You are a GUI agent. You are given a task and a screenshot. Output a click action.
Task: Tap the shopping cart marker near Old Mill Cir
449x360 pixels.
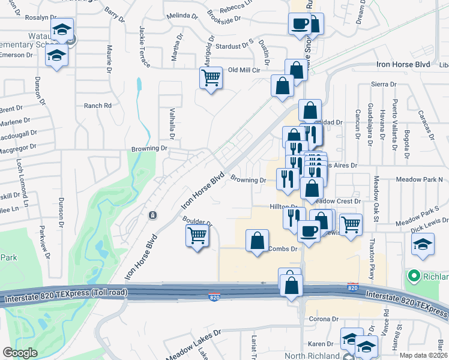(211, 77)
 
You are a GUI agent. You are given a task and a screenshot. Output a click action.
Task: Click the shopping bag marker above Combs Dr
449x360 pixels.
(257, 241)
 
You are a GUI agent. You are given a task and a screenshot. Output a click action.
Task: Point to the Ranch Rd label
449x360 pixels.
(98, 106)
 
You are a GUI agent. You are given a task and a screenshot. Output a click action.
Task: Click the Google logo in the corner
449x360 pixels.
(20, 353)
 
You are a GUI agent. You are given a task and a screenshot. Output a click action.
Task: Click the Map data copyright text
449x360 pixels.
(423, 355)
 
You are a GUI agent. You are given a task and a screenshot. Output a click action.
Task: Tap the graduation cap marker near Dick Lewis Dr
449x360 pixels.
(423, 245)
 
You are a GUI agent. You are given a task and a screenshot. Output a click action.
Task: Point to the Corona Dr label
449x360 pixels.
(324, 319)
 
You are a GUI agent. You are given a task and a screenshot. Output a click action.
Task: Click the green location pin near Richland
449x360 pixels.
(413, 277)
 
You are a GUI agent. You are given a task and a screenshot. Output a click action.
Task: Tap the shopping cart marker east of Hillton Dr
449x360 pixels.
(351, 225)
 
